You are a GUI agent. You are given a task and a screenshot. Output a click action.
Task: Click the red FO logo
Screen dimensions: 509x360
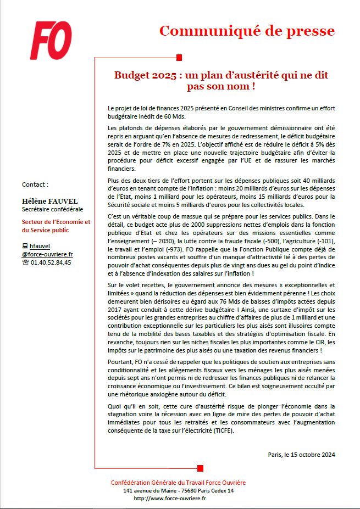pyautogui.click(x=51, y=41)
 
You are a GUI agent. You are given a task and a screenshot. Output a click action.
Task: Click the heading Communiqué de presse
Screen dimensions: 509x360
pyautogui.click(x=247, y=31)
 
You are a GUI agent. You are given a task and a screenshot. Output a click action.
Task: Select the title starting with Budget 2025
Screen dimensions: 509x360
pyautogui.click(x=221, y=80)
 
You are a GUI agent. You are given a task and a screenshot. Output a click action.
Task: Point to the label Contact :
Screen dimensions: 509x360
pyautogui.click(x=35, y=184)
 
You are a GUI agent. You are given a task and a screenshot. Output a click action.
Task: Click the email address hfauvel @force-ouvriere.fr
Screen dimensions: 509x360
pyautogui.click(x=47, y=250)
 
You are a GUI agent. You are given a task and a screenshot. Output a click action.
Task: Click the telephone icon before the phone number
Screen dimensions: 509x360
pyautogui.click(x=25, y=262)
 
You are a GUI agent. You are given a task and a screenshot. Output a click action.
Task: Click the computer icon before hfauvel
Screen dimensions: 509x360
pyautogui.click(x=25, y=247)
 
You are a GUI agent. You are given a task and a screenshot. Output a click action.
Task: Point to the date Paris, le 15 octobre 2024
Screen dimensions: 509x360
pyautogui.click(x=301, y=454)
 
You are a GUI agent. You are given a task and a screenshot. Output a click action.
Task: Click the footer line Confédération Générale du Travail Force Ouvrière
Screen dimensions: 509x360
pyautogui.click(x=178, y=483)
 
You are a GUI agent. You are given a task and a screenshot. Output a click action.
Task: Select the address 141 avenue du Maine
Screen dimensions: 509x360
pyautogui.click(x=178, y=490)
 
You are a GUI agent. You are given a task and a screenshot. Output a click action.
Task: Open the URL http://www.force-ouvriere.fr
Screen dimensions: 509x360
pyautogui.click(x=170, y=498)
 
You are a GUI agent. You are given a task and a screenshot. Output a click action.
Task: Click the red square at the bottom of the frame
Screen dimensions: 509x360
pyautogui.click(x=200, y=468)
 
